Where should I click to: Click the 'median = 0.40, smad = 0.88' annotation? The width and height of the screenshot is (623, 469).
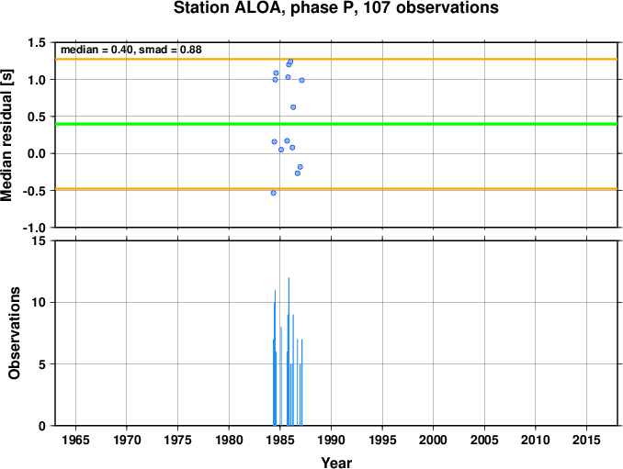coord(131,50)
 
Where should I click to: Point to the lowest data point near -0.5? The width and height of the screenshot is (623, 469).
coord(273,193)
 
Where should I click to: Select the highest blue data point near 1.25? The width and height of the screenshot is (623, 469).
coord(290,61)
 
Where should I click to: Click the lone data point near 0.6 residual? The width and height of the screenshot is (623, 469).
coord(293,107)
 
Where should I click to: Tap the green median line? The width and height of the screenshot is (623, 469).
coord(336,124)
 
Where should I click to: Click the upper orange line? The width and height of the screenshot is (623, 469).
coord(336,59)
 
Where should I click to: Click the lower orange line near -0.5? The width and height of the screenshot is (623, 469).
coord(336,189)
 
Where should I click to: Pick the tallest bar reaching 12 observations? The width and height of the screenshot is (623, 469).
coord(289,352)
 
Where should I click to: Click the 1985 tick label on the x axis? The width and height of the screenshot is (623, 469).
coord(280,440)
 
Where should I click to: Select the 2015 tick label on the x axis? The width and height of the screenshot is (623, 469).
coord(586,440)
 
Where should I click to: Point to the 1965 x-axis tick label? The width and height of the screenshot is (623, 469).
coord(75,440)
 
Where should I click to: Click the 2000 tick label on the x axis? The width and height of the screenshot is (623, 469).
coord(433,440)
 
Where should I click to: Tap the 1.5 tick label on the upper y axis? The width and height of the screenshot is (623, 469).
coord(37,42)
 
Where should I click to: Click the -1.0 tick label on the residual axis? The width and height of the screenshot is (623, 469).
coord(34,228)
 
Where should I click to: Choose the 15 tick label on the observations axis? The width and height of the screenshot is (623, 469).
coord(39,240)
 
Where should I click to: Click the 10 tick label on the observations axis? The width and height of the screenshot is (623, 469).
coord(39,302)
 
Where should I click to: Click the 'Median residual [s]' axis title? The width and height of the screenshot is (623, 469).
coord(6,135)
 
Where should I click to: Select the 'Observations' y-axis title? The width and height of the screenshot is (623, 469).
coord(15,333)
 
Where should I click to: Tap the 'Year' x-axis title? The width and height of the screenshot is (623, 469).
coord(336,463)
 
